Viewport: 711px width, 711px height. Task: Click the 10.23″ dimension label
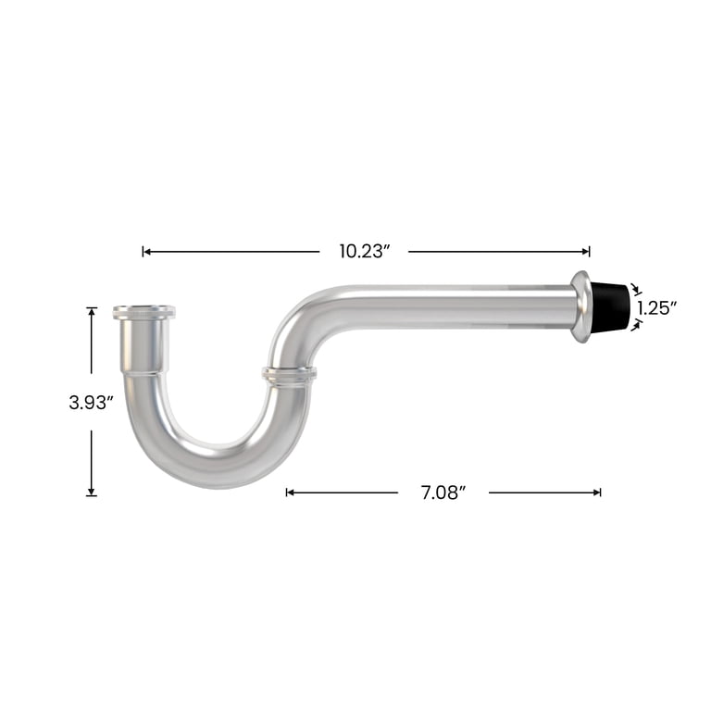[365, 251]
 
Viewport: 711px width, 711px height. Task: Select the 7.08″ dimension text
[443, 493]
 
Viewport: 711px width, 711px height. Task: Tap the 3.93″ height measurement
[91, 402]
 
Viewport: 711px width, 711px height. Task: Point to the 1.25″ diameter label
[657, 308]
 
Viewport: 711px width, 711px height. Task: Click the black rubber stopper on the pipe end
[610, 306]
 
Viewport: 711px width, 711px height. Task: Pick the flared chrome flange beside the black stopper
[580, 306]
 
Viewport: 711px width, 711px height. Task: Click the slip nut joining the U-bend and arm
[289, 376]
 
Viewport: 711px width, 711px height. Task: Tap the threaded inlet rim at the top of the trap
[144, 312]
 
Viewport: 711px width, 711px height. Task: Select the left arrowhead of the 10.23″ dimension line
[146, 251]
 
